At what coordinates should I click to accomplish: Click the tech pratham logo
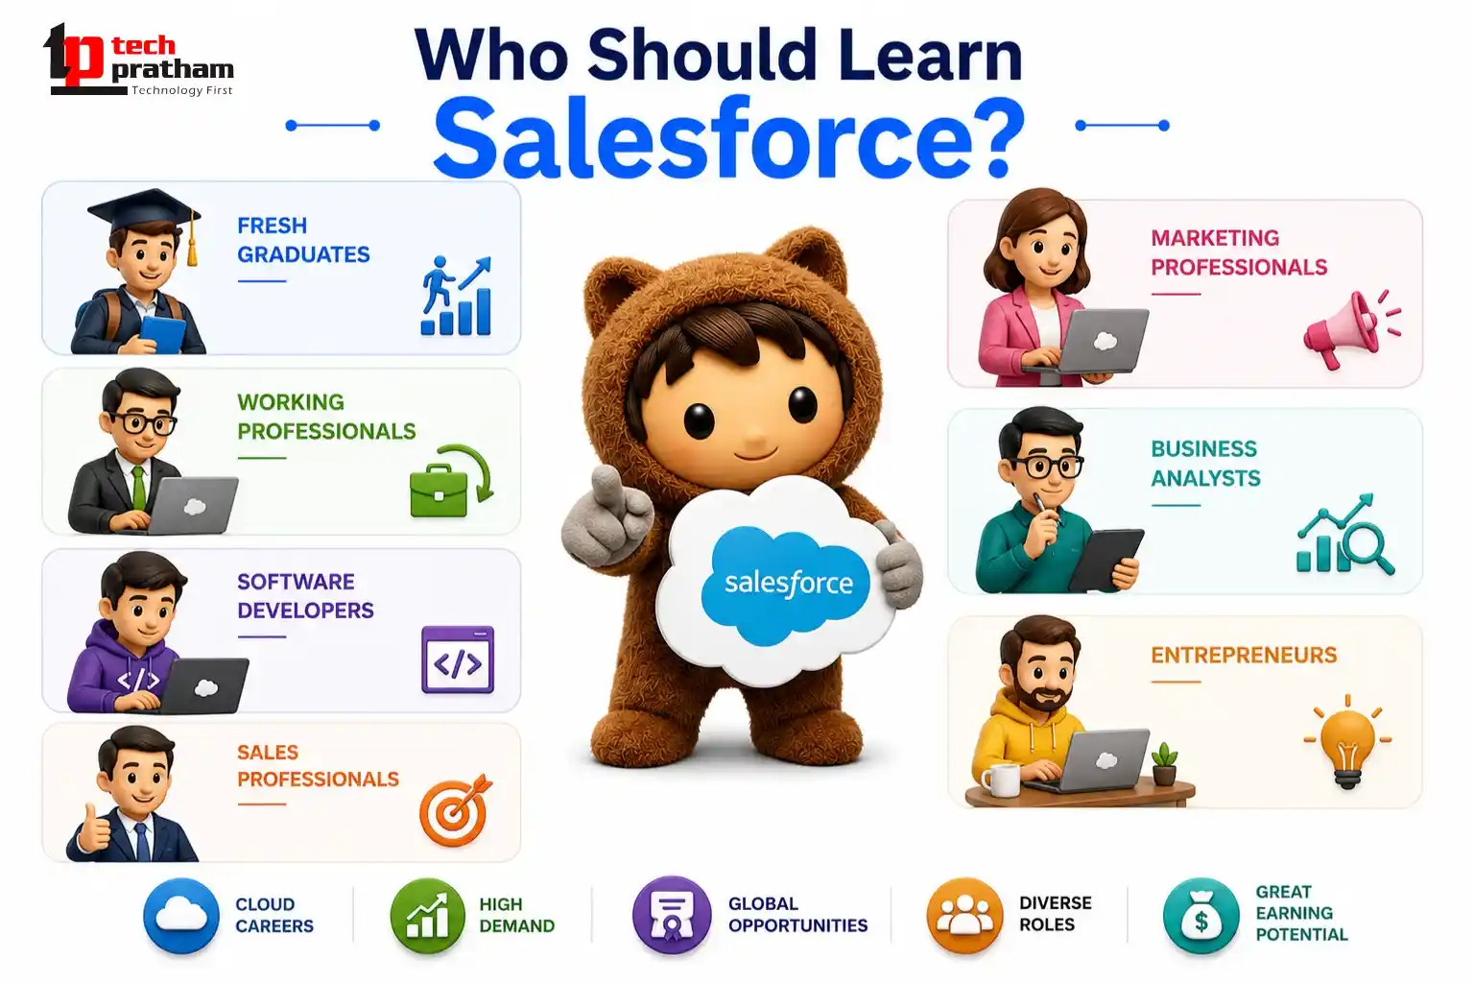138,60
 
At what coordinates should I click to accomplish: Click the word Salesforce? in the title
729,137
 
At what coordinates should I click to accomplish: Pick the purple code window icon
458,659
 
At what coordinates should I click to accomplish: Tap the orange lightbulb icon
1347,742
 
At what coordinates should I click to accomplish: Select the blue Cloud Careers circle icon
181,915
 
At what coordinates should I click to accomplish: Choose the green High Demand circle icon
428,915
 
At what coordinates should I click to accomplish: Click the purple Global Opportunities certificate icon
671,915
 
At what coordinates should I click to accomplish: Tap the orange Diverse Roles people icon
964,915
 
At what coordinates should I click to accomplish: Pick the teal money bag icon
1201,915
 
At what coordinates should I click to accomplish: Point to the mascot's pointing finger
604,484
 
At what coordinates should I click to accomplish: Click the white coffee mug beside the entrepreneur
1000,779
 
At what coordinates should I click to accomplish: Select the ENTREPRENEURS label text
1244,655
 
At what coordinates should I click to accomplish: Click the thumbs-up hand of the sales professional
94,829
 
